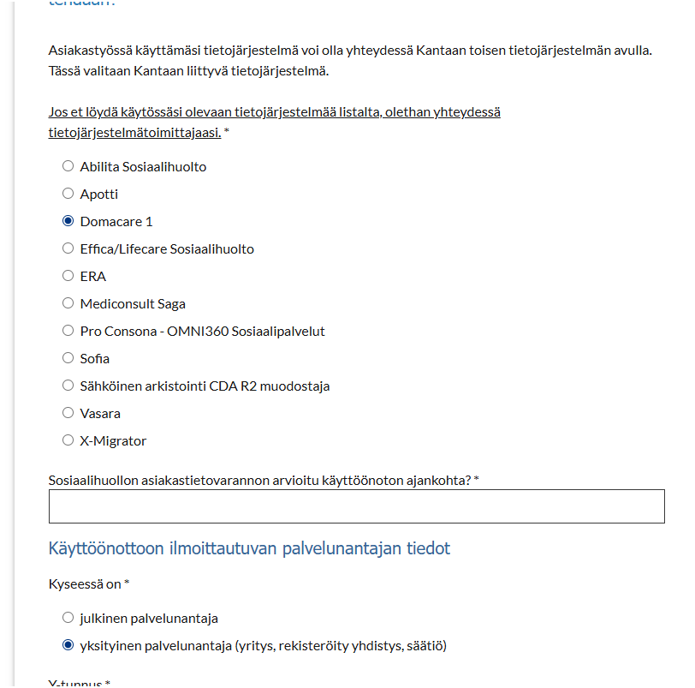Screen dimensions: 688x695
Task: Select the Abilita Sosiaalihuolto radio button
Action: point(68,166)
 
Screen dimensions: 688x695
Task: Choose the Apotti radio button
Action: point(68,194)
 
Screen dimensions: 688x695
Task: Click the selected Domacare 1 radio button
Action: point(68,221)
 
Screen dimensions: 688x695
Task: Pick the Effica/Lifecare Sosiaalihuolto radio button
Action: point(68,248)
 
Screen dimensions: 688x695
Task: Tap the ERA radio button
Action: point(68,276)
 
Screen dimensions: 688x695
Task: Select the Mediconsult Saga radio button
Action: point(68,303)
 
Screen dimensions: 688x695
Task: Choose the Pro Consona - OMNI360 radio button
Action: point(68,331)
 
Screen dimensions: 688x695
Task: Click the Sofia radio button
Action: point(68,358)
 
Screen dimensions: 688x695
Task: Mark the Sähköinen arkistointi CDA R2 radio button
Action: point(68,386)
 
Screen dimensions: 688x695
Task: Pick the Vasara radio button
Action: point(68,413)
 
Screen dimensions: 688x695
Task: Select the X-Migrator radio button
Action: point(68,440)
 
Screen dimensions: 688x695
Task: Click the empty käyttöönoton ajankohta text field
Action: point(356,506)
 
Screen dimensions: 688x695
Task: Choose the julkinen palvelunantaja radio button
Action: point(68,618)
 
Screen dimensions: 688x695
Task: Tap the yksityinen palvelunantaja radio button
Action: point(68,645)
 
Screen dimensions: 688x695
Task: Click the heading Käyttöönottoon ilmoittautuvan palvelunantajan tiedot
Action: point(249,548)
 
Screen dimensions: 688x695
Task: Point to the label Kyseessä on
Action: point(85,584)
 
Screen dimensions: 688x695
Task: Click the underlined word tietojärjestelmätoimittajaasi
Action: point(134,133)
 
